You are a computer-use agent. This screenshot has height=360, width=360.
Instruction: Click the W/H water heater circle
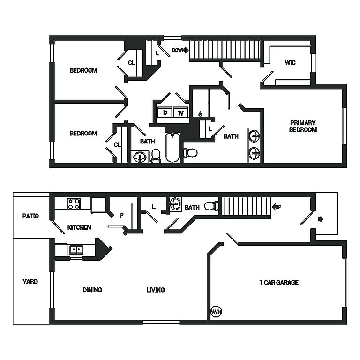coord(216,312)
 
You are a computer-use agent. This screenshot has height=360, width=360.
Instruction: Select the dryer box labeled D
coord(165,112)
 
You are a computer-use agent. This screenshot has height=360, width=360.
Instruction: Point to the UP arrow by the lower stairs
coord(277,206)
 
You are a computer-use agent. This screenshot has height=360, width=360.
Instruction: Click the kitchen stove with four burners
coord(74,204)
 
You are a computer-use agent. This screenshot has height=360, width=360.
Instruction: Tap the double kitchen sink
coord(76,250)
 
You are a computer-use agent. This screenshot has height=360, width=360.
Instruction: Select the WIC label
coord(290,63)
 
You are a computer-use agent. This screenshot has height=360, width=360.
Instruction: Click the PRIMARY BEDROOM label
coord(303,126)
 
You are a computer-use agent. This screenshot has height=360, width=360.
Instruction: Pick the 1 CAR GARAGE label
coord(279,282)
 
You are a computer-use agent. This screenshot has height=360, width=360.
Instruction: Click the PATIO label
coord(30,216)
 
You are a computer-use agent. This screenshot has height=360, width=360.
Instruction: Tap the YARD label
coord(30,281)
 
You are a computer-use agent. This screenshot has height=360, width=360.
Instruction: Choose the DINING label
coord(92,290)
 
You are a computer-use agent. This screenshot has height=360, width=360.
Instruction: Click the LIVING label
coord(155,290)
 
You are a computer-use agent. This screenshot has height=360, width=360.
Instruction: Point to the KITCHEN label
coord(79,227)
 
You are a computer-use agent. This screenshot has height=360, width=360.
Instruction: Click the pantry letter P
coord(121,216)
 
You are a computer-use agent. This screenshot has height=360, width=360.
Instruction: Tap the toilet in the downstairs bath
coord(211,206)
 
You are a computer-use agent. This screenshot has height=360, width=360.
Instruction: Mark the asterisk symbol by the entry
coord(320,218)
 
